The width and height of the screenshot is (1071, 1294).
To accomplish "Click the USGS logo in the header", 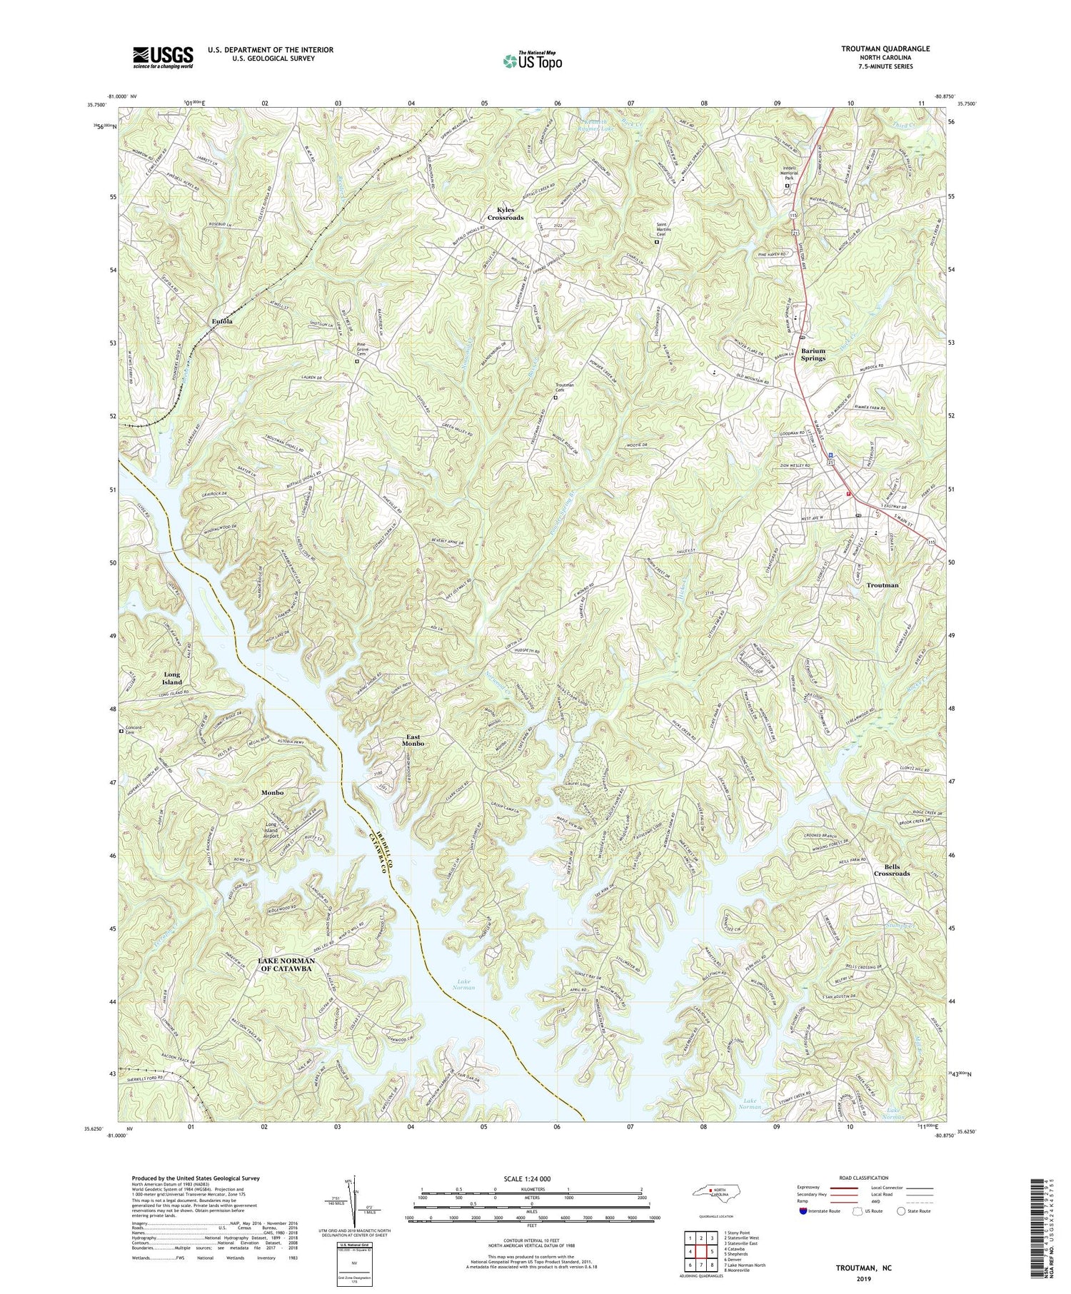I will coord(163,57).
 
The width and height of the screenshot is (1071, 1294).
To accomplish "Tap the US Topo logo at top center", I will coord(531,61).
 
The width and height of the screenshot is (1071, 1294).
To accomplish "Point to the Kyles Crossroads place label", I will coord(506,213).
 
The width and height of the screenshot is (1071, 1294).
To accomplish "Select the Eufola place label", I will coord(222,322).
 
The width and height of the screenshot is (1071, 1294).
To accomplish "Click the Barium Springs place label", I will coord(812,355).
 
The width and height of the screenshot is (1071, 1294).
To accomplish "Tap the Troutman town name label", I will coord(882,585).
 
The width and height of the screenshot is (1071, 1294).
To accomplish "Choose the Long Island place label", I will coord(172,678).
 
